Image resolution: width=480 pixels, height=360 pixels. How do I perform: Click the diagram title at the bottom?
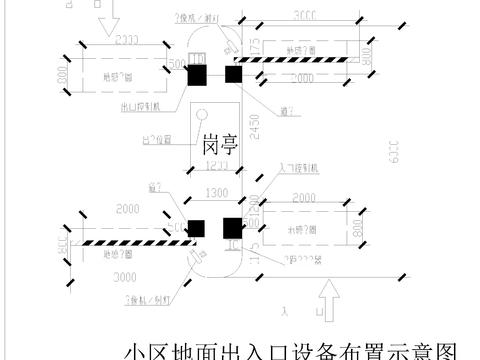click(290, 350)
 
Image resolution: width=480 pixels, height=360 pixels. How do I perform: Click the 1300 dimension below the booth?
click(214, 192)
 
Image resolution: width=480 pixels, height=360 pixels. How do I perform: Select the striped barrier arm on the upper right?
click(300, 61)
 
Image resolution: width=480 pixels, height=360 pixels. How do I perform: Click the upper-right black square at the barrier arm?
click(234, 74)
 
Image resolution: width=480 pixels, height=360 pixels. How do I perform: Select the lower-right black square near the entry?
click(233, 228)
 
